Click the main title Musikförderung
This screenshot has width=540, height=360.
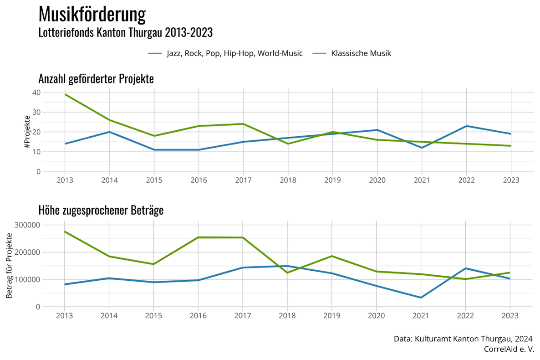click(92, 15)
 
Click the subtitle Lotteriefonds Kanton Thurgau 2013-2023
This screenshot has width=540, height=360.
click(126, 33)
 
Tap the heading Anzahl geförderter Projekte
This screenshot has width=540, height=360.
click(96, 79)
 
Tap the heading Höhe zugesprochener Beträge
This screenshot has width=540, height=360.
click(101, 211)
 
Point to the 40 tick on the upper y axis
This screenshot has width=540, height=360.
click(36, 93)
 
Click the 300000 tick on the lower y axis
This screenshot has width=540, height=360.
click(27, 225)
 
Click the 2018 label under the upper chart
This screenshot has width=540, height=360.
click(288, 180)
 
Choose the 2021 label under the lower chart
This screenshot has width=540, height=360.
click(421, 316)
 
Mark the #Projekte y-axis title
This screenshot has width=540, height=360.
click(27, 132)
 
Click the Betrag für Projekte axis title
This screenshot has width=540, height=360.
click(10, 265)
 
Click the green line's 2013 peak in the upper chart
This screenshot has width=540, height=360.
click(65, 94)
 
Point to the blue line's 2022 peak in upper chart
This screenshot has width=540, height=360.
click(465, 126)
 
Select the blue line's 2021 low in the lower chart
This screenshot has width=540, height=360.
click(421, 298)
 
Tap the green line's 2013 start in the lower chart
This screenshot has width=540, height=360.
click(65, 231)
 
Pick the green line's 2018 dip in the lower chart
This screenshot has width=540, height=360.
click(287, 273)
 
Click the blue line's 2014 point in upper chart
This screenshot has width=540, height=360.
click(109, 132)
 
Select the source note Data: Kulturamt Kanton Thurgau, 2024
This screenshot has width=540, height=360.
click(463, 339)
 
